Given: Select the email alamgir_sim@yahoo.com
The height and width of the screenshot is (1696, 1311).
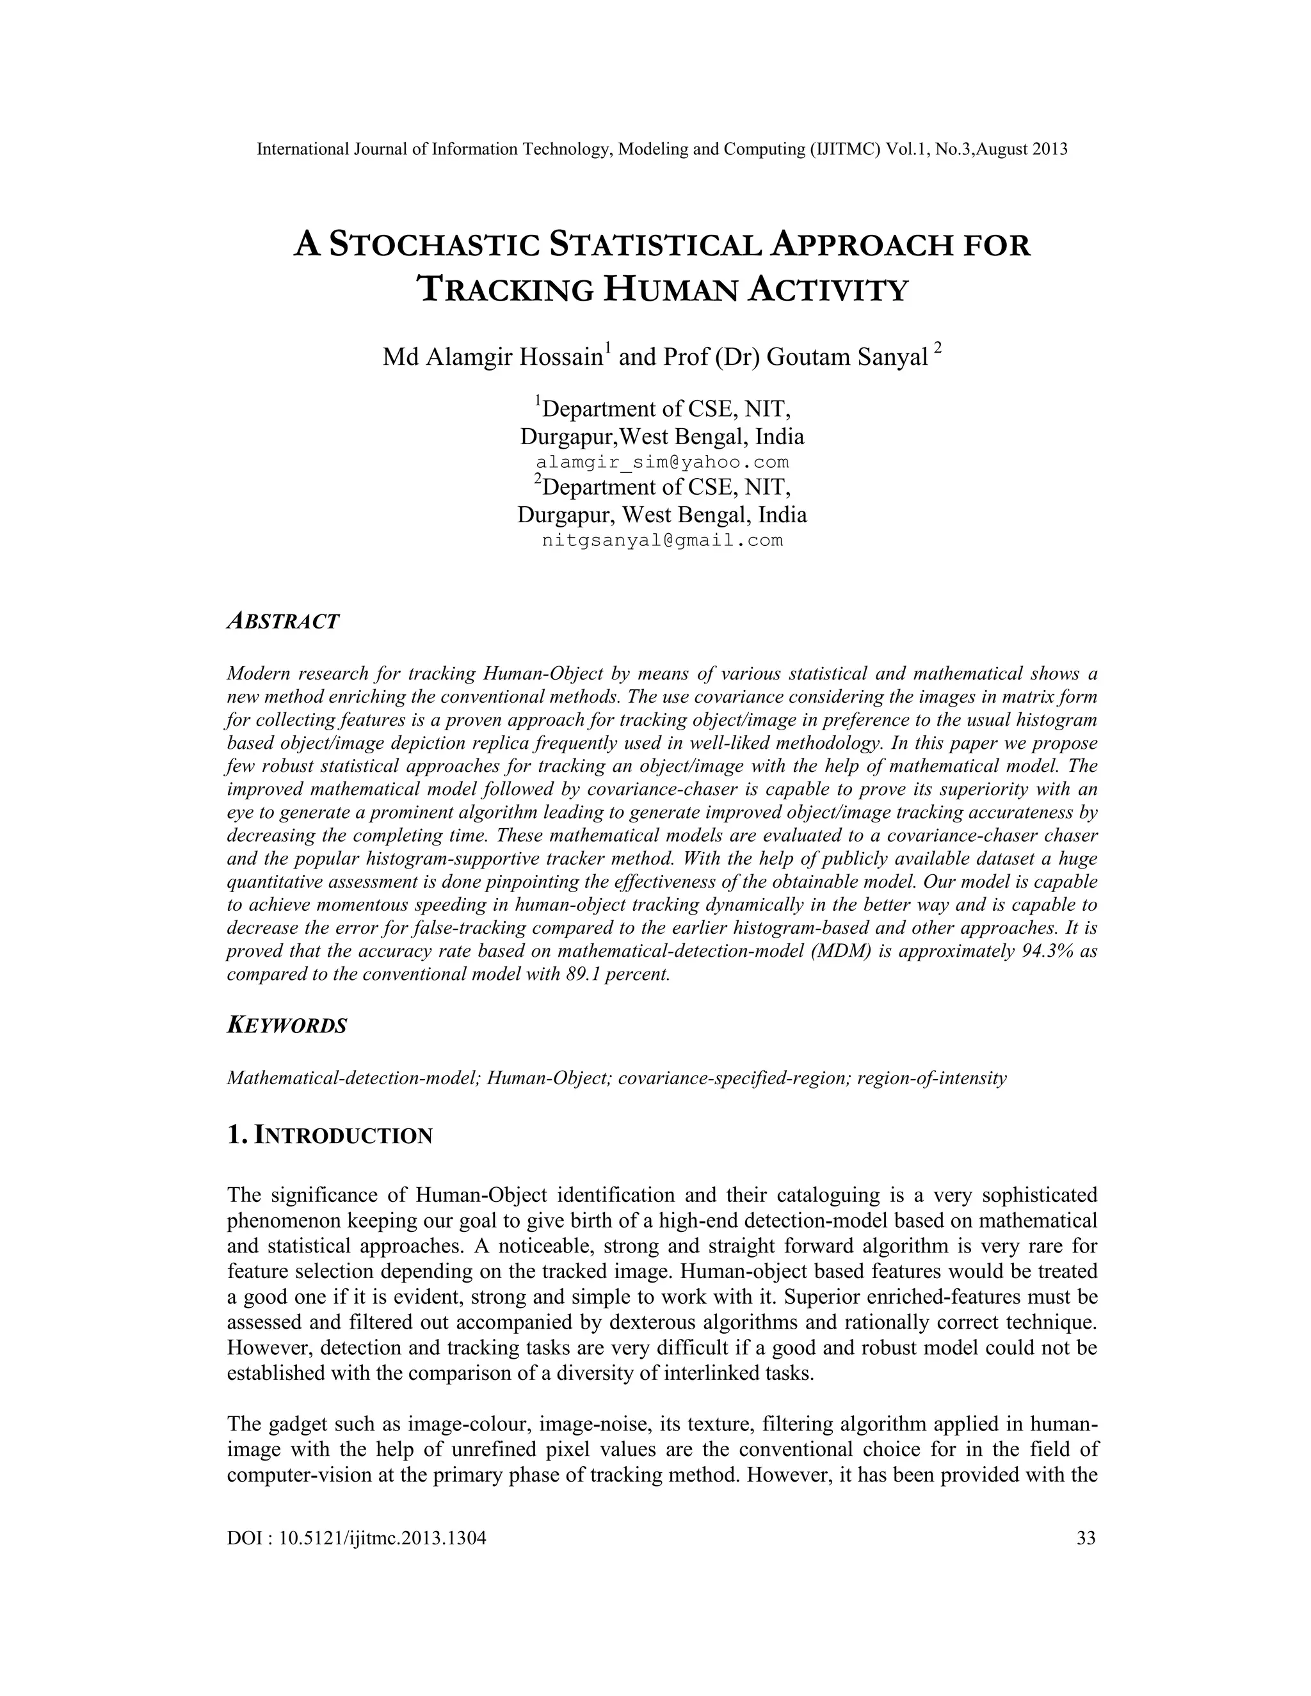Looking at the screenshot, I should click(x=663, y=463).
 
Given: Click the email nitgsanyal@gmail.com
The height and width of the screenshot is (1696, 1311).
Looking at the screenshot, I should click(x=663, y=541).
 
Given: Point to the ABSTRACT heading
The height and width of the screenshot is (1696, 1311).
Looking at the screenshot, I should click(x=283, y=622).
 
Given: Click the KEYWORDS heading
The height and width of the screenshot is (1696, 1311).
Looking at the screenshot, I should click(x=287, y=1026).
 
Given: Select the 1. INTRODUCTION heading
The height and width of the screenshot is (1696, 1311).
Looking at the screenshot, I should click(x=329, y=1135).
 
